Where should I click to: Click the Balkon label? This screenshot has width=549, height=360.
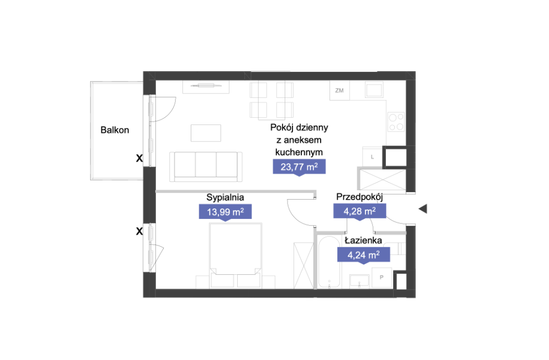(114, 130)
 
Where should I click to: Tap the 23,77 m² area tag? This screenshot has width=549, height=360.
(299, 167)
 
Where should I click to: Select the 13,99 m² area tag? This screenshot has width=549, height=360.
(225, 212)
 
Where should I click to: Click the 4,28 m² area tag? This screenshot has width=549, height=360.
(359, 211)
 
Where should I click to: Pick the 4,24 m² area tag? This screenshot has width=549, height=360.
(363, 255)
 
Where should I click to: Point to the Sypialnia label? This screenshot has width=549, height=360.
(225, 197)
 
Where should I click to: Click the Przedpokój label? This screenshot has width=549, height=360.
(359, 197)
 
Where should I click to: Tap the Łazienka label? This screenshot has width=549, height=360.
(363, 240)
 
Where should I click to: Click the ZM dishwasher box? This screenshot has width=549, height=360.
(339, 90)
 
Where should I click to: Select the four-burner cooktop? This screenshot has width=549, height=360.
(396, 122)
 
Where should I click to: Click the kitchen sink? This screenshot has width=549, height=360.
(374, 90)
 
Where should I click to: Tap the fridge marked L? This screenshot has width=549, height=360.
(372, 157)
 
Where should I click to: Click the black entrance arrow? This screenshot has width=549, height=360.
(423, 208)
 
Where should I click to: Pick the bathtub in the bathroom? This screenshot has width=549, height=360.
(329, 262)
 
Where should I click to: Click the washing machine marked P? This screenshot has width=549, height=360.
(381, 278)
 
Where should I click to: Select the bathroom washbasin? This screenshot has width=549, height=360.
(359, 281)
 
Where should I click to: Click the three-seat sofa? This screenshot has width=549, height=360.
(206, 166)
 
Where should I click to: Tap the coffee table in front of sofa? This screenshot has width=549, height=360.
(206, 133)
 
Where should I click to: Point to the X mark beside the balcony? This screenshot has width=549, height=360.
(139, 158)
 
